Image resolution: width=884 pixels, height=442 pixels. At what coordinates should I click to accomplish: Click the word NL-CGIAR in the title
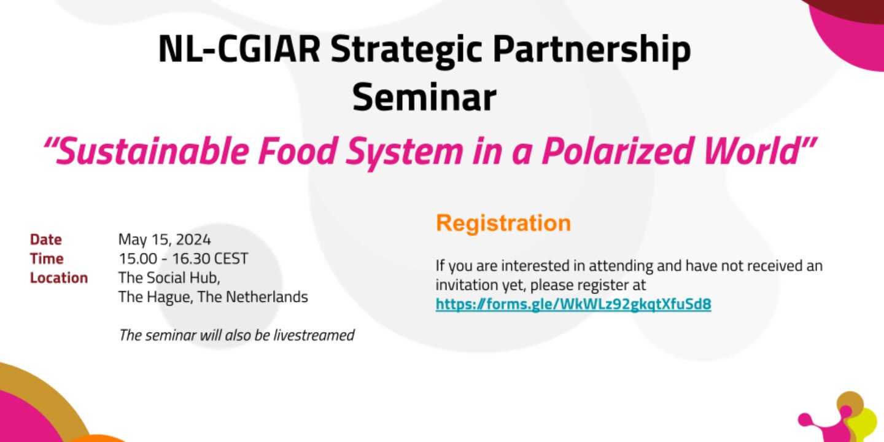[239, 49]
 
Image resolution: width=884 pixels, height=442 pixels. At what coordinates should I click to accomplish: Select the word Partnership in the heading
[592, 50]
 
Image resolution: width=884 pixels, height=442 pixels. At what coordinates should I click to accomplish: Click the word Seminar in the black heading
[424, 97]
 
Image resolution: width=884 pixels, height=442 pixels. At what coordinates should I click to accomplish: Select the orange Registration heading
[503, 223]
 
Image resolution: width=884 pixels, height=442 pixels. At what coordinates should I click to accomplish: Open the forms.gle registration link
[573, 304]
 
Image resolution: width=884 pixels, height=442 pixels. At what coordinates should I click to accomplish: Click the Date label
[46, 239]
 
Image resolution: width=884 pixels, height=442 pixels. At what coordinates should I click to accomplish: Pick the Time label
[47, 259]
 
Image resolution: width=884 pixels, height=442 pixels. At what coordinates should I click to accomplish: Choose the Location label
[59, 278]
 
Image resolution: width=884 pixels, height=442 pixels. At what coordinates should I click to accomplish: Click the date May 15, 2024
[165, 240]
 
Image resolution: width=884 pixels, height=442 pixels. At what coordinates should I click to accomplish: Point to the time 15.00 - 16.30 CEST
[183, 259]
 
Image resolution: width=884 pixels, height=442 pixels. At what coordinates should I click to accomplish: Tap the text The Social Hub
[169, 278]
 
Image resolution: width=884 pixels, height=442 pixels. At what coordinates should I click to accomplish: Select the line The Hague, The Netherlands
[213, 297]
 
